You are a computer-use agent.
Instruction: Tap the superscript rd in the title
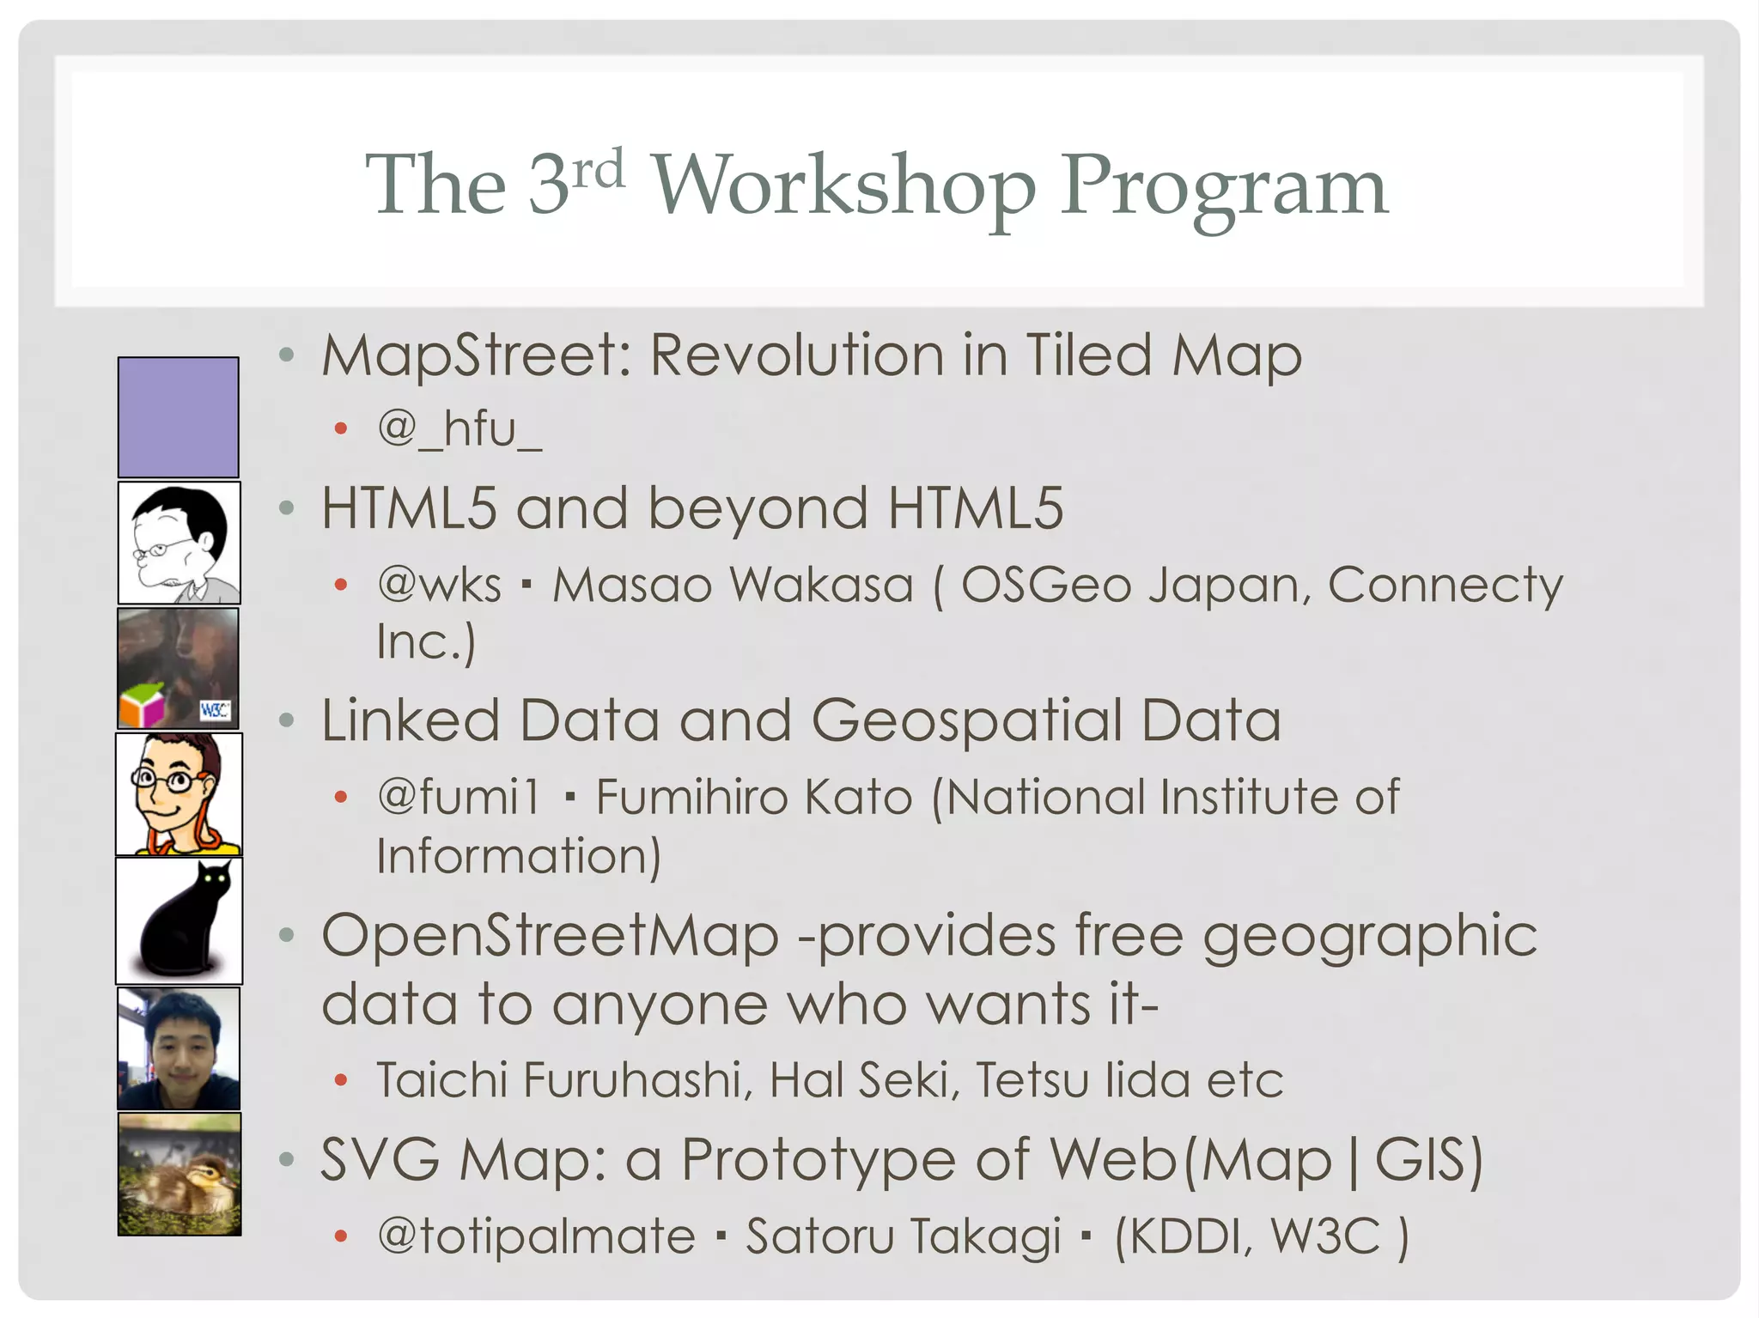(x=599, y=169)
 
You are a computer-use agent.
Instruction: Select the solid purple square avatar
(x=179, y=417)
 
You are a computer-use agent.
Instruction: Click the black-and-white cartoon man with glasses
(x=179, y=543)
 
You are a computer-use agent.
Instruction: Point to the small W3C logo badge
(x=215, y=710)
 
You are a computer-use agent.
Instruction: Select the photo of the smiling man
(x=179, y=1048)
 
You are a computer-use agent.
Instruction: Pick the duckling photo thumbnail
(x=180, y=1174)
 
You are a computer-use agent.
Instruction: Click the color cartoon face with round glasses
(x=179, y=794)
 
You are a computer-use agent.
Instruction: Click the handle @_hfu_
(x=460, y=428)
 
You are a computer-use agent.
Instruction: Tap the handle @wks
(x=439, y=586)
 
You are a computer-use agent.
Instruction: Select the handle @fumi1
(x=459, y=797)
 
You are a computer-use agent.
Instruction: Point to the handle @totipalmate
(x=536, y=1236)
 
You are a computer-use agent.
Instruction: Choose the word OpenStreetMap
(x=550, y=935)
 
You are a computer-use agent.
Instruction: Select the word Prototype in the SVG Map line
(x=818, y=1161)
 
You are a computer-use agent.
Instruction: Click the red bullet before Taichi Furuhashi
(x=341, y=1080)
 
